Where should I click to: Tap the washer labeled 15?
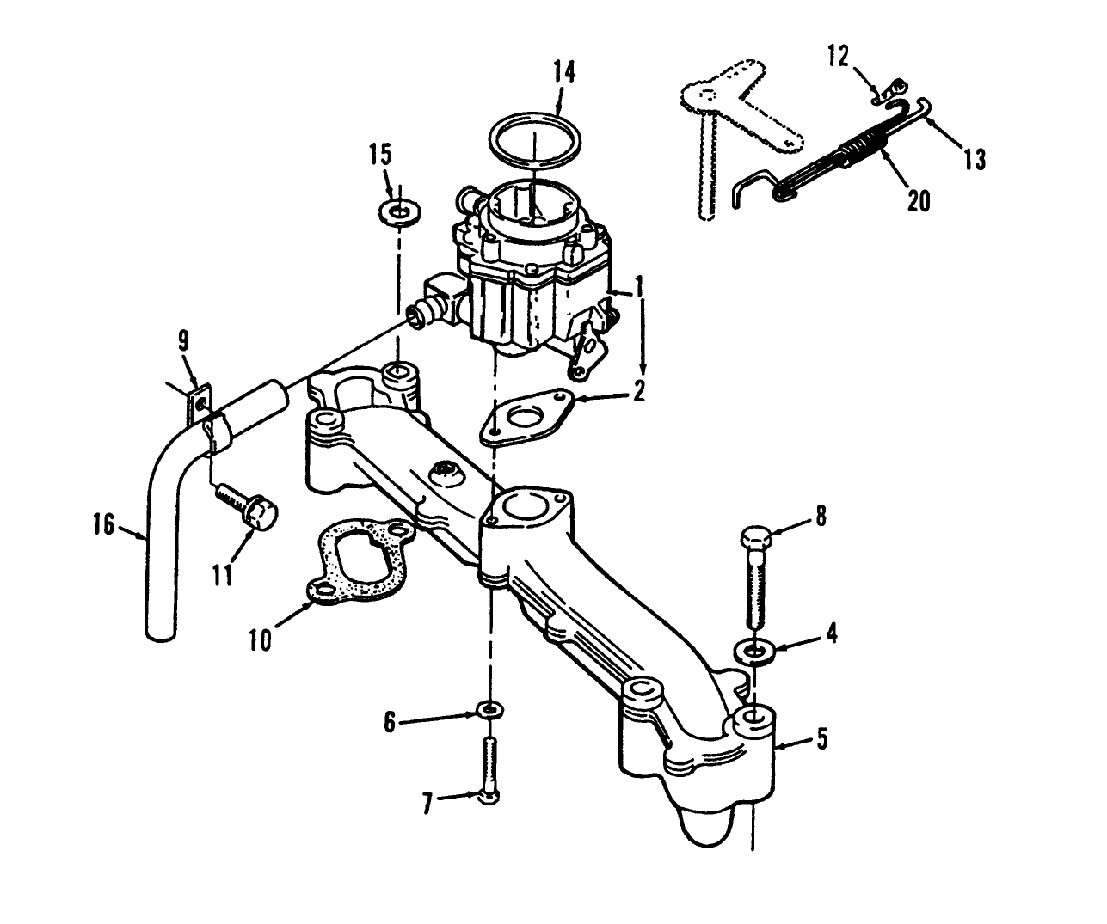[398, 211]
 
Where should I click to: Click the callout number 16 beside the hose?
[103, 524]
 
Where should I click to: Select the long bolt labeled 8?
[757, 576]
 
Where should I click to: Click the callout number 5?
[822, 738]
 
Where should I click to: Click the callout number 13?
[975, 159]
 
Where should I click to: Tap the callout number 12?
[838, 57]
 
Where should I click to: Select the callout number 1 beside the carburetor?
[638, 283]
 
